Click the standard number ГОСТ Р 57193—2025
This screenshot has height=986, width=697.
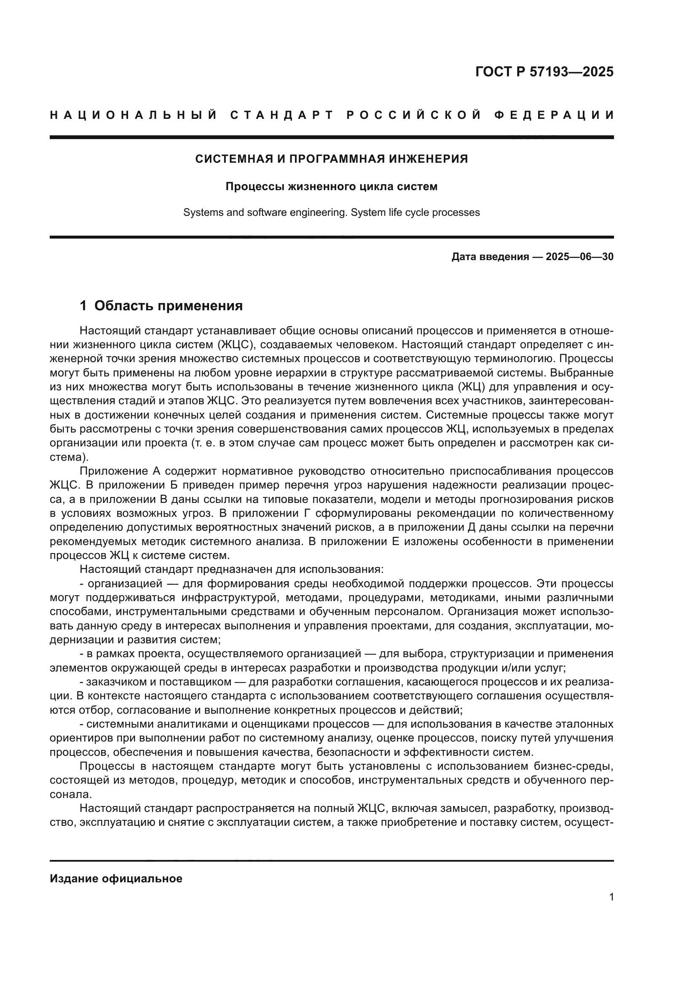544,72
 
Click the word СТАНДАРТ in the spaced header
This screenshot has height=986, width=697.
282,115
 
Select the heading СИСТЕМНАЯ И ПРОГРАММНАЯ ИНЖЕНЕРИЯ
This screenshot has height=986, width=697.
331,159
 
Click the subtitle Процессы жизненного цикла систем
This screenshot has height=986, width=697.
331,187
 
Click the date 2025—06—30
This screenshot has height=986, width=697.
579,257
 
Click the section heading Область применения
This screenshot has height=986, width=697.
168,306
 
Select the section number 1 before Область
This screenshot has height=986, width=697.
83,306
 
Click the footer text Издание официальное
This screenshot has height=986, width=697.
116,879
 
